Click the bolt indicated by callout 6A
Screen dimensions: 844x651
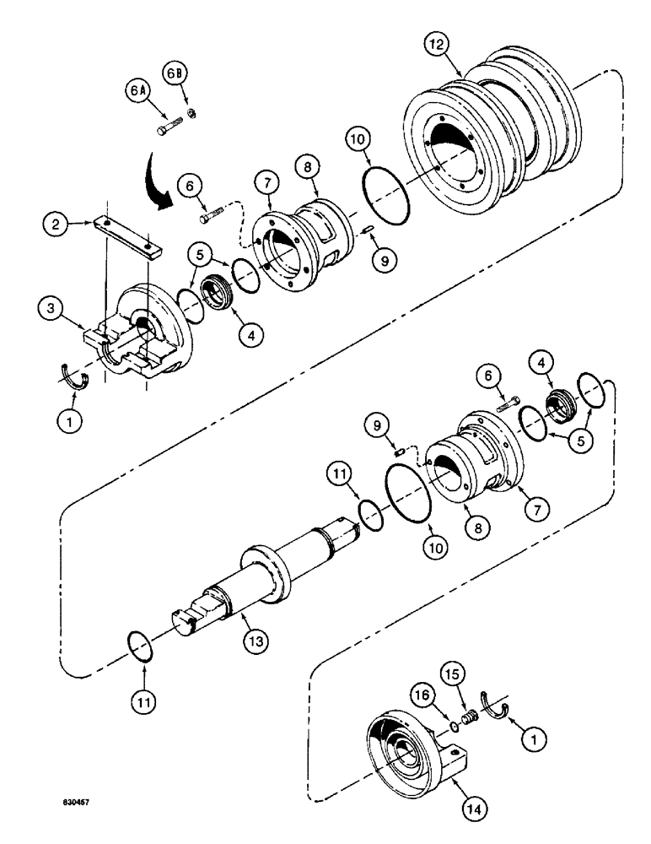point(167,130)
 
